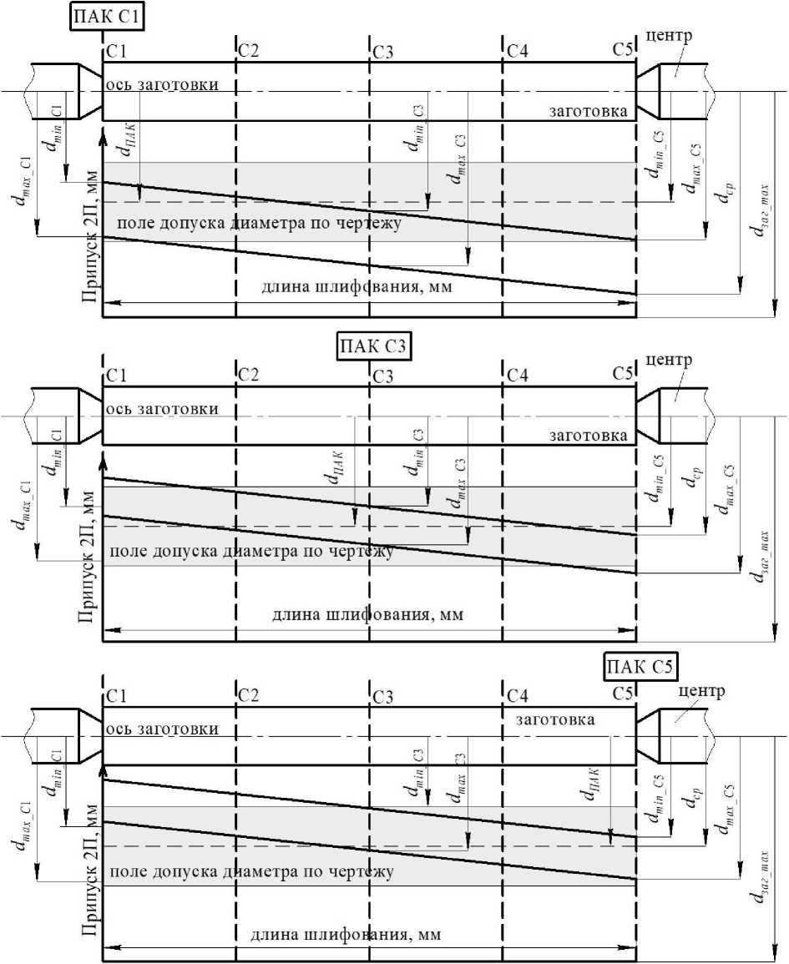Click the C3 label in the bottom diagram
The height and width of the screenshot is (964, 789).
[383, 696]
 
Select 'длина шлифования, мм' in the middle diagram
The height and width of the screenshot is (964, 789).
[367, 616]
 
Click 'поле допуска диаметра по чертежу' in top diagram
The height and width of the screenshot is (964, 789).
[260, 224]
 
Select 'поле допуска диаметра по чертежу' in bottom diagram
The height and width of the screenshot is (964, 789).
[251, 872]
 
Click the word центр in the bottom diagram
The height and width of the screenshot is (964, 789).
[698, 692]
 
